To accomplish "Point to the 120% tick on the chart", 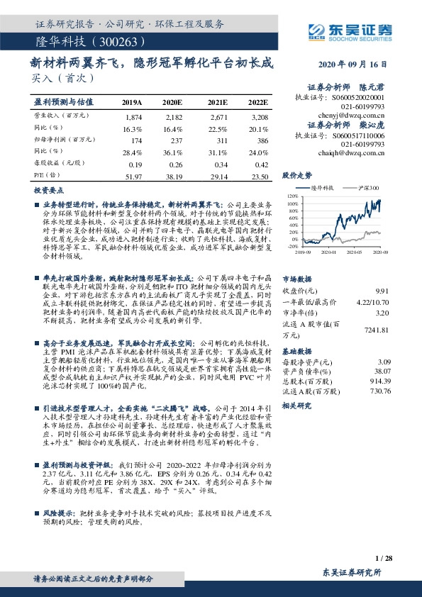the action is coord(291,195).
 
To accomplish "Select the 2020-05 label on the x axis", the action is coord(366,251).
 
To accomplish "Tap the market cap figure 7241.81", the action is coord(397,330).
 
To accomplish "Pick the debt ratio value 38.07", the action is coord(400,370).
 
